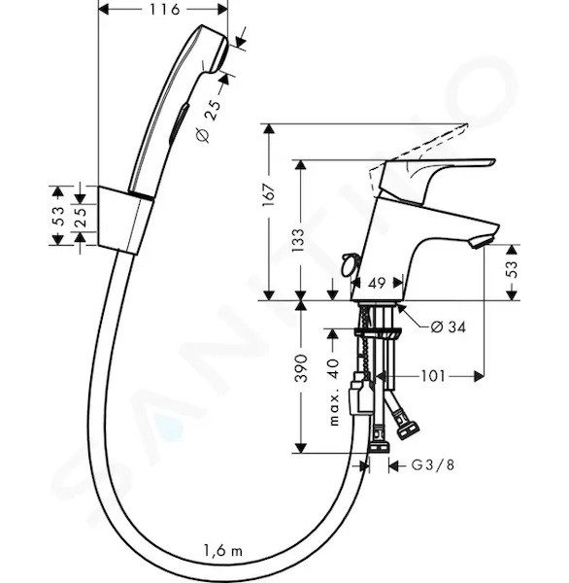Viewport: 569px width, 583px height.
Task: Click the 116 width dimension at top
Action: coord(165,10)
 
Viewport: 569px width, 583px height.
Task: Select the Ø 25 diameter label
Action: coord(209,120)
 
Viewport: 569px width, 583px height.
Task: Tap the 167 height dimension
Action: coord(269,195)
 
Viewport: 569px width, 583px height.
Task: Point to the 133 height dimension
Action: coord(298,240)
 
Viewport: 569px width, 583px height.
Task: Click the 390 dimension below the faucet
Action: coord(301,368)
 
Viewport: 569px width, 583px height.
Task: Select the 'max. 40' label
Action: coord(334,392)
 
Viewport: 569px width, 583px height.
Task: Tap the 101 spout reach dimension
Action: coord(433,376)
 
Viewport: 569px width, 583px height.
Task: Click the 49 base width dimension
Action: coord(377,284)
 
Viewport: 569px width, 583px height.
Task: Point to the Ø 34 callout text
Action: coord(448,327)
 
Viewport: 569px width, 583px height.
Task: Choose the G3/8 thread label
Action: coord(433,465)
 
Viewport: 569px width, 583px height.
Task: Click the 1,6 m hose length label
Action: coord(223,550)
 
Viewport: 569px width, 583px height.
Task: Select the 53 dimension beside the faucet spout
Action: coord(512,269)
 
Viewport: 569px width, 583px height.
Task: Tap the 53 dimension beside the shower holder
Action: coord(58,216)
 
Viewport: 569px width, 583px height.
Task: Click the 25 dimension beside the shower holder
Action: coord(81,217)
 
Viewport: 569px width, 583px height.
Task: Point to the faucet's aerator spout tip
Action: coord(481,241)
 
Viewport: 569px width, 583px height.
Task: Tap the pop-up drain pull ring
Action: coord(349,264)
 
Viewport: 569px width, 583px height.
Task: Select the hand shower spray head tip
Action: coord(219,51)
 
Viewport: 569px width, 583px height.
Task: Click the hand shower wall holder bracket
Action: coord(125,221)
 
